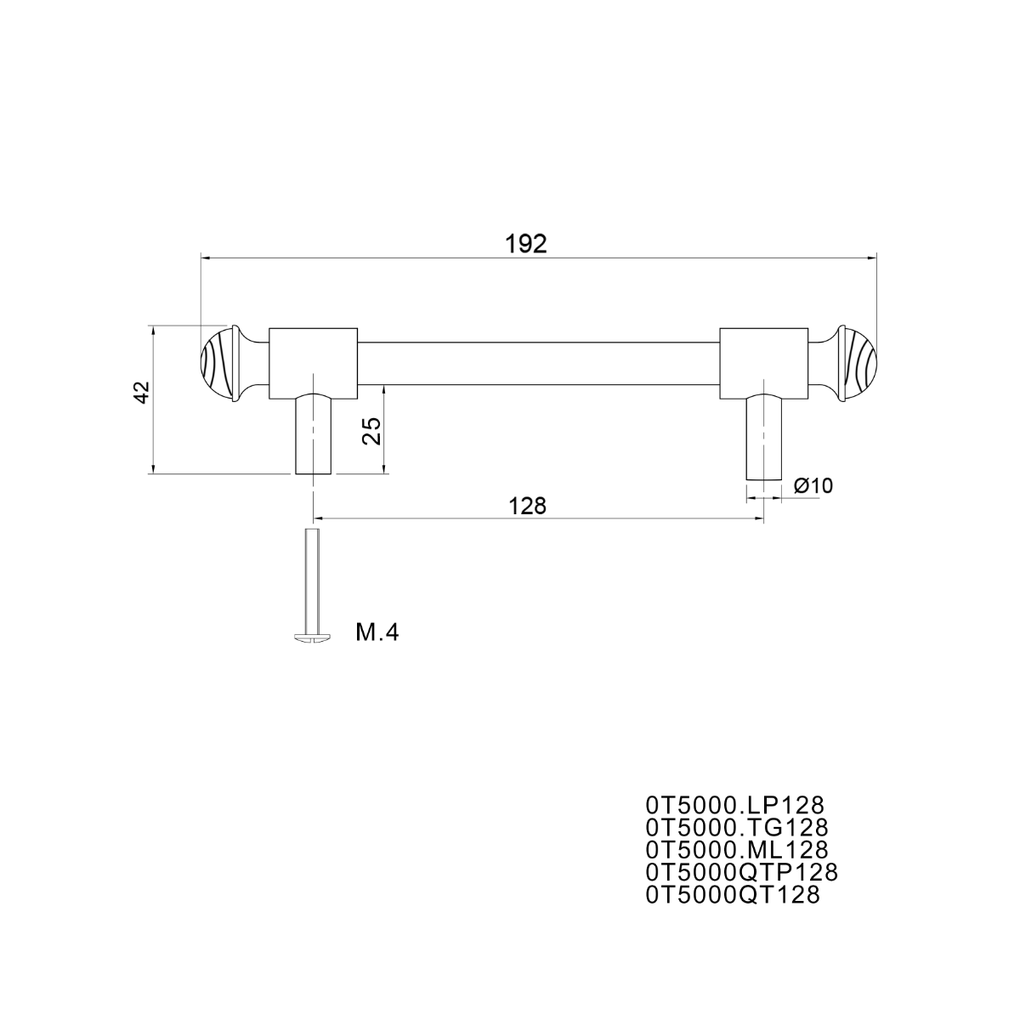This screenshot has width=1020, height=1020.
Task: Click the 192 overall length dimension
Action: coord(525,244)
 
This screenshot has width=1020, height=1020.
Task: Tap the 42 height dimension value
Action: coord(142,392)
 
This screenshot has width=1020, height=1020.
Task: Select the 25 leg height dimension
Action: coord(371,431)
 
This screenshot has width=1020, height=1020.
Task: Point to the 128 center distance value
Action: coord(527,506)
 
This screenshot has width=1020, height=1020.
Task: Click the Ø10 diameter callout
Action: coord(813,485)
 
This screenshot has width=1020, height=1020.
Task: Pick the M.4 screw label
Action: coord(377,632)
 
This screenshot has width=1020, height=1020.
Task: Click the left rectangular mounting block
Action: coord(314,363)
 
